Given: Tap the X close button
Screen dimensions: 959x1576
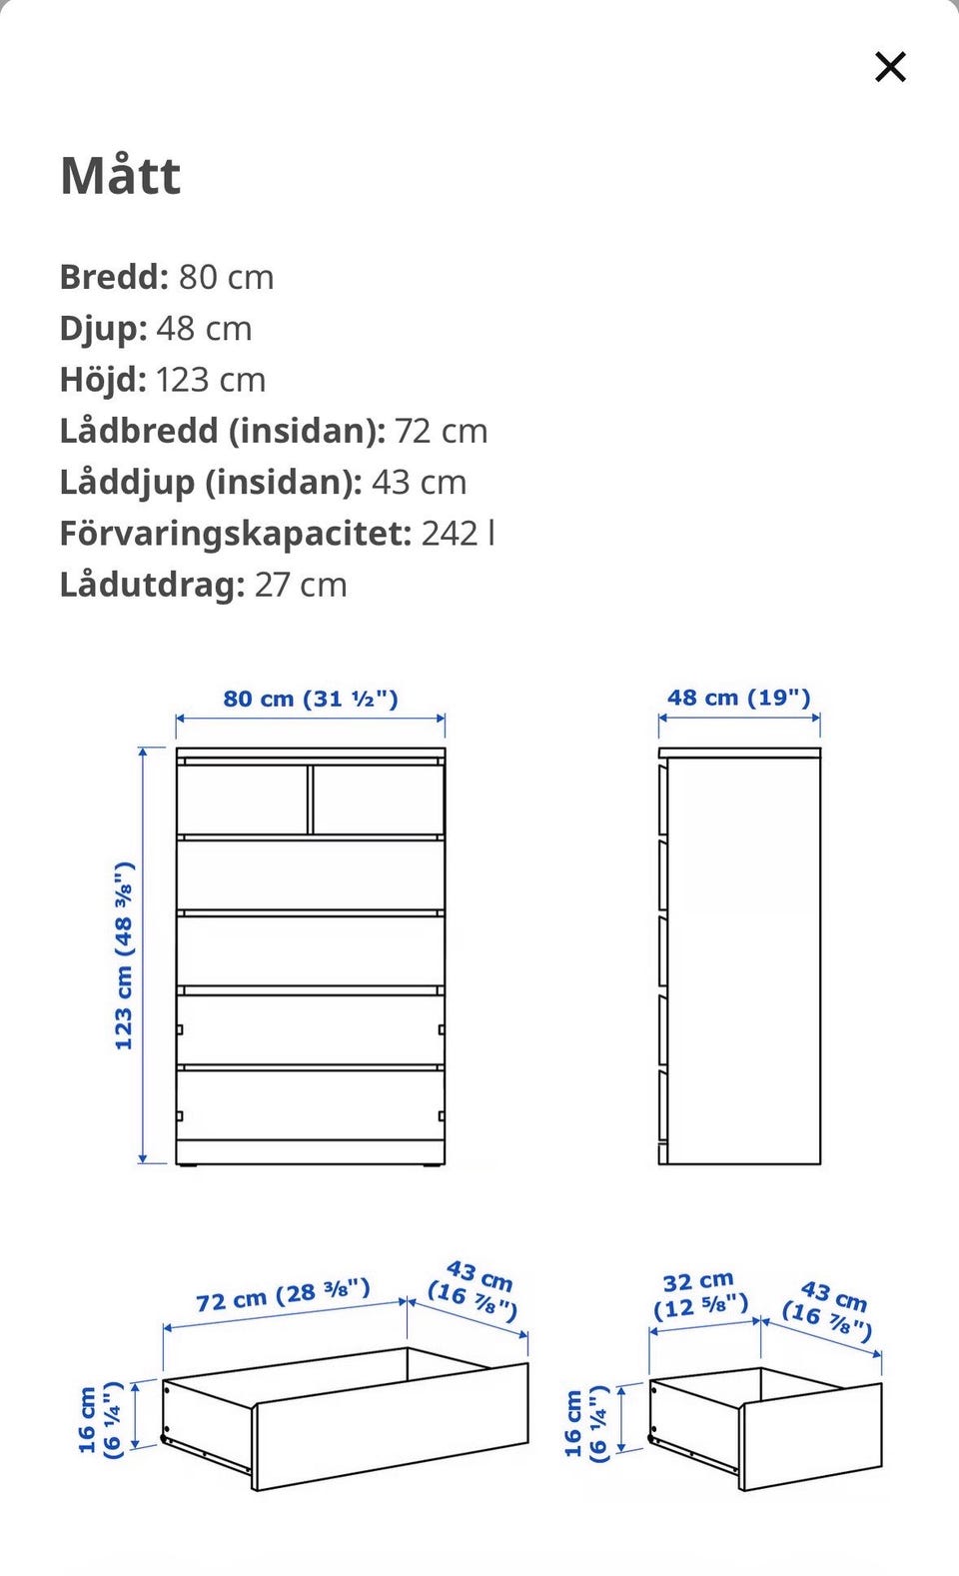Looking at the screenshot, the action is coord(889,67).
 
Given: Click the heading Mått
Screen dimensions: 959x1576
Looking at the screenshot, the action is coord(121,176).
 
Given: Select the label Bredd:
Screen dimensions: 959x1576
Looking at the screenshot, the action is coord(114,277).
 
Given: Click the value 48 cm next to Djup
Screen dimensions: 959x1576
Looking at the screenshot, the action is coord(204,329).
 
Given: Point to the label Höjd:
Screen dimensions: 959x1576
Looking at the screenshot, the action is coord(103,380).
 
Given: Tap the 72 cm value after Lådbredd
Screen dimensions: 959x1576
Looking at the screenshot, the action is coord(441,431).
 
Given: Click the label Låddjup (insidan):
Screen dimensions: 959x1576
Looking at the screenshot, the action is coord(210,483).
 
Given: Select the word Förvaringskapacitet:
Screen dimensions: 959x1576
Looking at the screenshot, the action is coord(235,534).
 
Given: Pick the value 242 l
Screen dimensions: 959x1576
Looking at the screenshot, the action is coord(458,534).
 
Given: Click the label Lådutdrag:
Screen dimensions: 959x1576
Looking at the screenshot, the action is coord(152,585).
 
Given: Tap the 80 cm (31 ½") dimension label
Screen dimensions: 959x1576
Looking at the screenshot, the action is coord(311,699).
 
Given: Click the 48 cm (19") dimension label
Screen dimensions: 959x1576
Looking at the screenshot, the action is coord(739,698).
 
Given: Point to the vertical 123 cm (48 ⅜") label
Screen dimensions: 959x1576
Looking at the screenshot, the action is coord(124,955).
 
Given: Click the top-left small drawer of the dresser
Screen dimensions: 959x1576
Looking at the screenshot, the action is coord(243,798).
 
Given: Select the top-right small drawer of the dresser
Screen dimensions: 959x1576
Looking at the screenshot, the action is coord(378,798).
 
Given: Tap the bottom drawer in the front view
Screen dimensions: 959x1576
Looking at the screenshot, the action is coord(310,1103).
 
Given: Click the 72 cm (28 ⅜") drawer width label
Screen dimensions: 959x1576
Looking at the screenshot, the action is coord(283,1295).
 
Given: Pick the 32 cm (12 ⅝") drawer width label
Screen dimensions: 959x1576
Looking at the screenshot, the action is coord(700,1293).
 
